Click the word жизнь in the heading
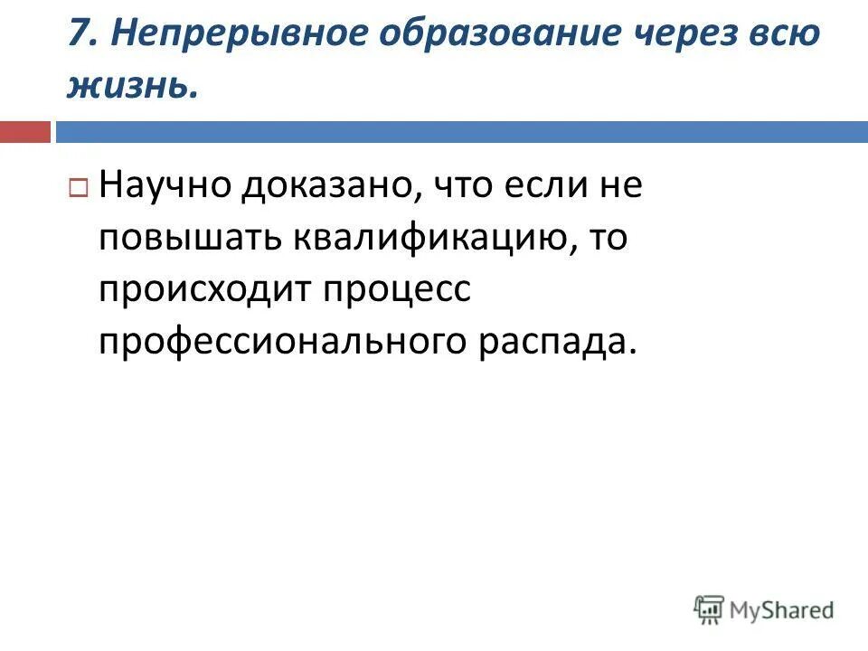pos(128,86)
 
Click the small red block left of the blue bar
pos(25,132)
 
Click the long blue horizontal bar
pos(461,132)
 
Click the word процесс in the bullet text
pos(396,291)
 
